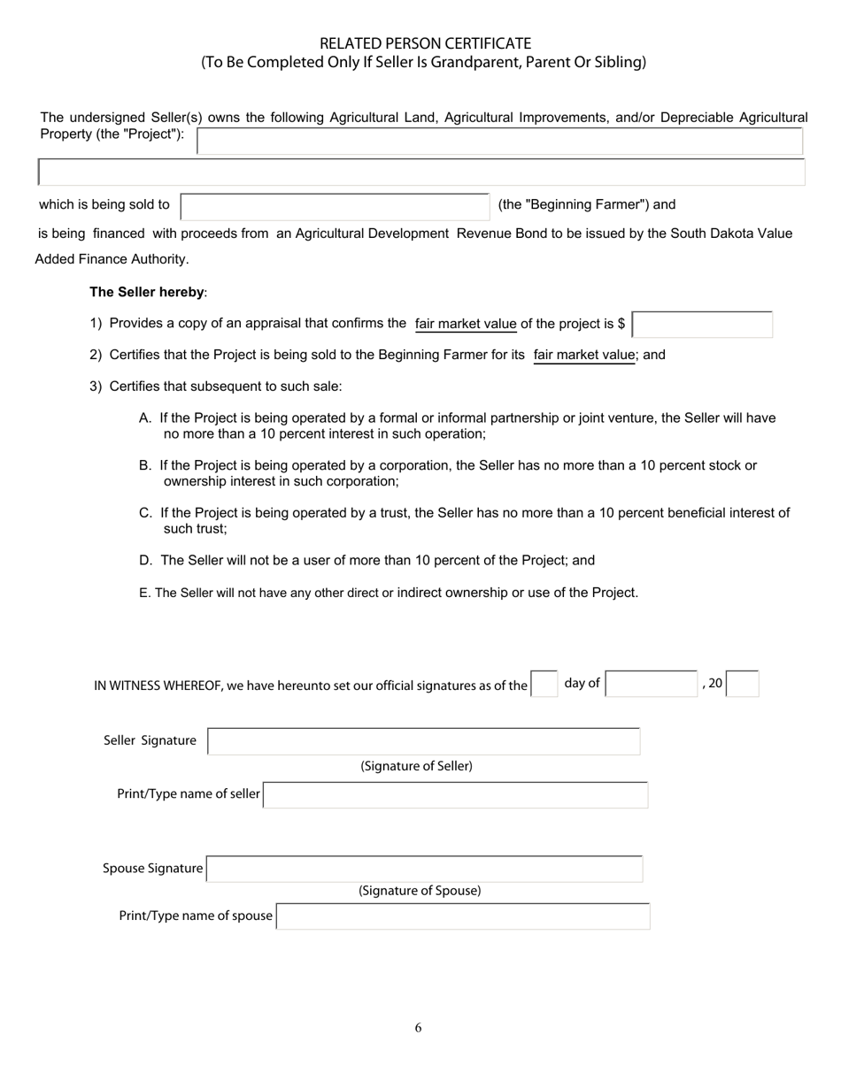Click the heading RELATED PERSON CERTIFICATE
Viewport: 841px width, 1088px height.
(425, 43)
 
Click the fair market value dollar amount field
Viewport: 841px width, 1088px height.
(703, 325)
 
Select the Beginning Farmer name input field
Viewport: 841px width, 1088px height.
(335, 206)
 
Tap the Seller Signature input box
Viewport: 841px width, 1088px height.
(423, 741)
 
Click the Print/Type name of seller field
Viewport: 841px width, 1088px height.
(455, 795)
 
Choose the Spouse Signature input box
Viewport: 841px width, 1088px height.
(424, 869)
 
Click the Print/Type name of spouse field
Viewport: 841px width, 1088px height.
(463, 916)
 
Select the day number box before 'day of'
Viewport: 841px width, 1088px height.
(544, 684)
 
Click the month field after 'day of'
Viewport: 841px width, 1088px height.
(652, 684)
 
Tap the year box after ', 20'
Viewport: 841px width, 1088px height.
(743, 684)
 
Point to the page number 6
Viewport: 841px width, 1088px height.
(418, 1028)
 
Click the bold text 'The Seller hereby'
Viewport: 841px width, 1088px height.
(147, 292)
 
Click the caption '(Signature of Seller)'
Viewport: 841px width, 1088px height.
(416, 766)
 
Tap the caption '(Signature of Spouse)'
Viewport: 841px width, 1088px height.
(420, 891)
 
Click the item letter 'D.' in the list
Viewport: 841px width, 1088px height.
(146, 561)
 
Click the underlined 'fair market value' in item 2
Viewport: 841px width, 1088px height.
(584, 355)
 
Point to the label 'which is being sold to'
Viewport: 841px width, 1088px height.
(104, 204)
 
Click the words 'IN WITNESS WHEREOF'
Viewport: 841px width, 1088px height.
(158, 686)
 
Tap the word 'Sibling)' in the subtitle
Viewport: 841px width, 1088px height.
(621, 62)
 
